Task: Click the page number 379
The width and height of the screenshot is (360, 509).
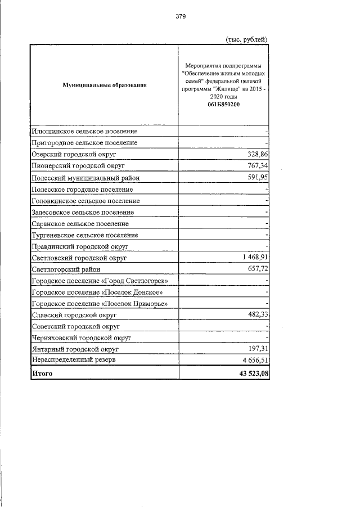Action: tap(180, 16)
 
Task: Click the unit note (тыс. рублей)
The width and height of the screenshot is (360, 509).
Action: tap(245, 39)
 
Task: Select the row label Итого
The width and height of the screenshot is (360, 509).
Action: tap(42, 373)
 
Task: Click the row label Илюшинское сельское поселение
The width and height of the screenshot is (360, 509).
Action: tap(84, 131)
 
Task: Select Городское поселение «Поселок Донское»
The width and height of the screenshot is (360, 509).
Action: tap(98, 292)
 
